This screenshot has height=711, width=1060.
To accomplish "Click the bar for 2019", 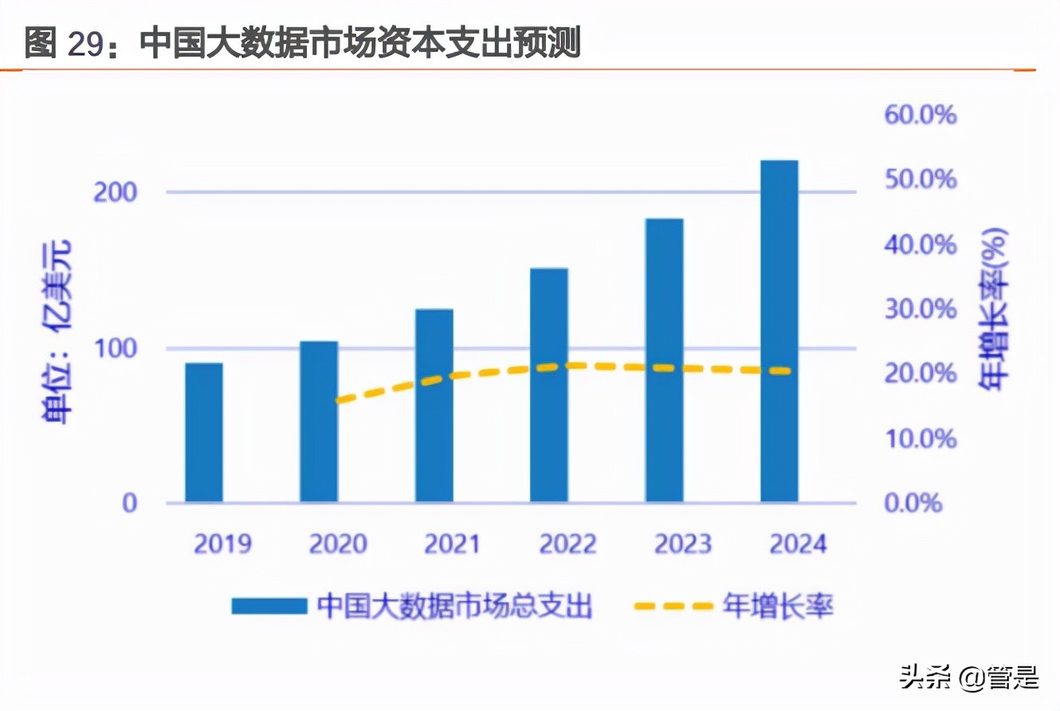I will tap(204, 433).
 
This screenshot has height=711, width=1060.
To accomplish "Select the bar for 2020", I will tap(319, 422).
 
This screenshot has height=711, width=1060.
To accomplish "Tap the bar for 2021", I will tap(434, 406).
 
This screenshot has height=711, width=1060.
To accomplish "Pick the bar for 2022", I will tap(549, 385).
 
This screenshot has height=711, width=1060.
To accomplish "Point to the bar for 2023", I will tap(665, 360).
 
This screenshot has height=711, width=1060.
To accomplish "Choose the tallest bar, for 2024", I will tap(779, 331).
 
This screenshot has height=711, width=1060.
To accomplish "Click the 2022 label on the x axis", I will tap(567, 544).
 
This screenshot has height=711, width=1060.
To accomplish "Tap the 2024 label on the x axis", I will tap(798, 544).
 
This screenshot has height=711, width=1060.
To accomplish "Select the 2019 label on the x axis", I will tap(222, 544).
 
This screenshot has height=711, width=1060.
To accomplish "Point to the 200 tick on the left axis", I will tap(116, 193).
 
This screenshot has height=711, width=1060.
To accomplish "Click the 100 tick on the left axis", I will tap(116, 349).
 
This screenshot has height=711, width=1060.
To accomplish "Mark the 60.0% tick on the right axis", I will tap(920, 115).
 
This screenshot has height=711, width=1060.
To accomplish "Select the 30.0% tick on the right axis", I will tap(920, 309).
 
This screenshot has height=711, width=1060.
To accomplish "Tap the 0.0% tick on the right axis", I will tap(913, 504).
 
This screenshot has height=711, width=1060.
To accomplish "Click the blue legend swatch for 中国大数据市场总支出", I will tap(269, 607).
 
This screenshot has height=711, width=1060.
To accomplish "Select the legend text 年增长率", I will tap(778, 607).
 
